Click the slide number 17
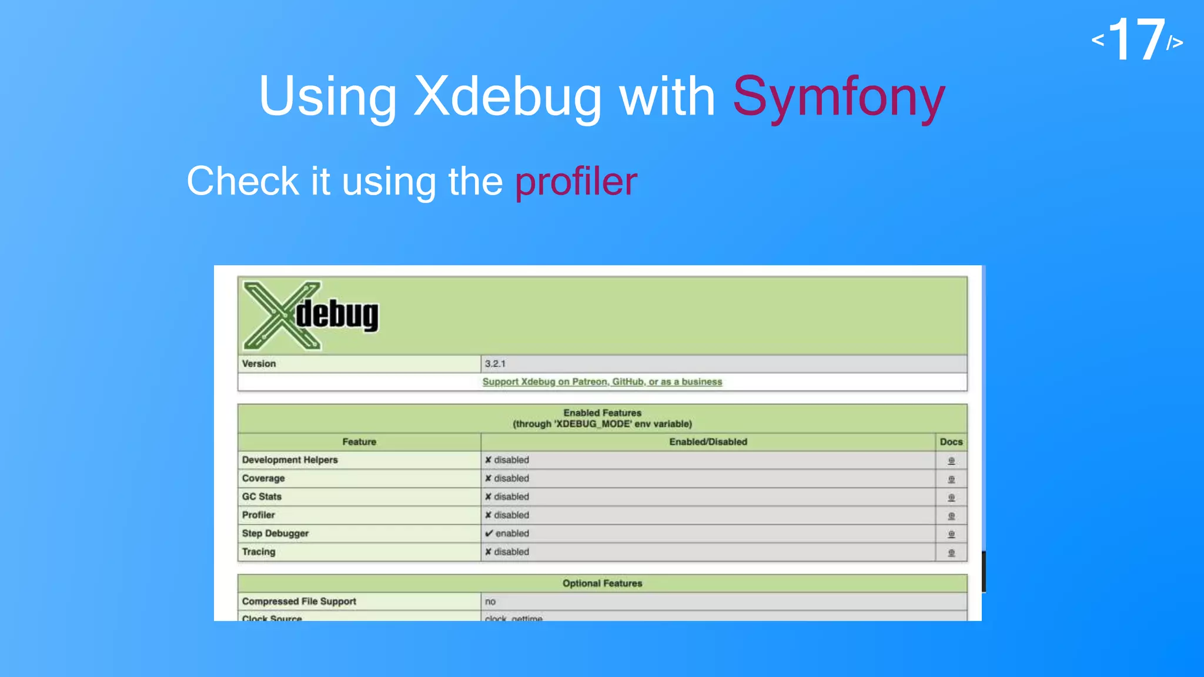click(1137, 40)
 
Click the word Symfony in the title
click(839, 97)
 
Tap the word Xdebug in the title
click(507, 97)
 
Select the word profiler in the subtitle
click(576, 181)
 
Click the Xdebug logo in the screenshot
click(311, 316)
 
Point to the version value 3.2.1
click(495, 364)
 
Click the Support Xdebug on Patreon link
click(602, 382)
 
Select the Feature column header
click(359, 442)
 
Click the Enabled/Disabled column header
click(708, 442)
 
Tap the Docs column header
click(951, 442)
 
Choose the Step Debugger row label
click(275, 534)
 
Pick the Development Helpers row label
click(290, 460)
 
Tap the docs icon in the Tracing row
click(951, 552)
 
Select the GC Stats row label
click(262, 497)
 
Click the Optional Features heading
click(602, 584)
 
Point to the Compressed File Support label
click(299, 602)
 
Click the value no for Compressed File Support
click(490, 602)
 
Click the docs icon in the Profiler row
click(951, 516)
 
